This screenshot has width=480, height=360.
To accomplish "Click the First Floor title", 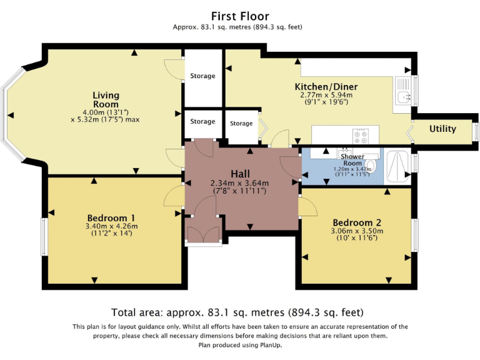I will point(240,16).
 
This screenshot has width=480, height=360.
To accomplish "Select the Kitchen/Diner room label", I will point(326,87).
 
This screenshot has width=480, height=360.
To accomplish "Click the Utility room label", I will point(442,129).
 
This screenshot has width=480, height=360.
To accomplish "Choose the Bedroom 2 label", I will point(357,222).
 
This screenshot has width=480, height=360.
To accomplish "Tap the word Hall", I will point(240,173).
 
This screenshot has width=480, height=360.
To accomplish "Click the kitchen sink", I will point(404,97).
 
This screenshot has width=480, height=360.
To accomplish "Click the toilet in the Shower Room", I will point(370,166).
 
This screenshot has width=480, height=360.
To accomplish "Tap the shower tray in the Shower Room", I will point(397,166).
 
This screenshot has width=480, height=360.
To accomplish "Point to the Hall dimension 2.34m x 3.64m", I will point(239,183).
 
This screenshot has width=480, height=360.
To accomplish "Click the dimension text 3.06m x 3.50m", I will point(357,231).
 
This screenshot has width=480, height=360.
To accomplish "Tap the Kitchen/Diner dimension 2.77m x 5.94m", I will point(326,96).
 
